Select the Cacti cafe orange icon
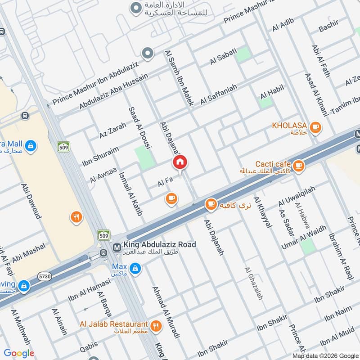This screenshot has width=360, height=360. point(298,166)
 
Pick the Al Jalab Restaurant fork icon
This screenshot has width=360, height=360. point(156,326)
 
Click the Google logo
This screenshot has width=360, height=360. point(19,353)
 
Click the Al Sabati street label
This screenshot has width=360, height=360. point(224,58)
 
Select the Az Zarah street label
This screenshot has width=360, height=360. point(113,130)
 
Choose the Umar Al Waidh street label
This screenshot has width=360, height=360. point(304,237)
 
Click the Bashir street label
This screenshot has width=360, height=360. point(328,28)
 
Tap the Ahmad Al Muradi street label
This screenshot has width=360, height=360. point(165,312)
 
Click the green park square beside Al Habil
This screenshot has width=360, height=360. point(266,102)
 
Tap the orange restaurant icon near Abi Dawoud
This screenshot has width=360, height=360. point(76,217)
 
